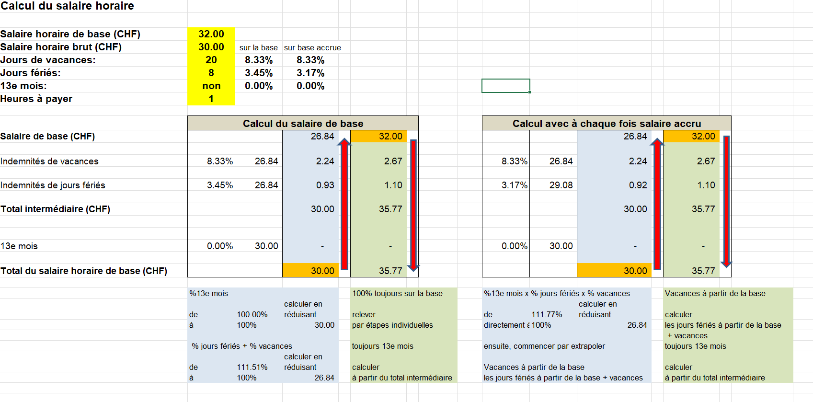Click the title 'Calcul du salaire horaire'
coord(67,6)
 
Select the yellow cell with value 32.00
coord(211,34)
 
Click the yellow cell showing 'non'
coord(211,86)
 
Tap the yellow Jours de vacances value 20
coord(211,60)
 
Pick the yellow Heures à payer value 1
coord(211,99)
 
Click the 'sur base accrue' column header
coord(312,47)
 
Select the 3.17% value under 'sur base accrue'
coord(310,73)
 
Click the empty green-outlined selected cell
coord(505,86)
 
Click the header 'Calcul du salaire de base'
coord(303,123)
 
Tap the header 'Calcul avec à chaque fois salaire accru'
coord(607,123)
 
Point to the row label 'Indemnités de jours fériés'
coord(53,185)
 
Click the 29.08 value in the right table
coord(561,185)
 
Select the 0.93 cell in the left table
coord(325,185)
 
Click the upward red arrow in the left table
coord(344,204)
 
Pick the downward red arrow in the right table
coord(726,201)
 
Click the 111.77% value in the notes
coord(547,315)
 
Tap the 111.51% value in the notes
coord(252,368)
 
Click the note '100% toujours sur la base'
coord(397,294)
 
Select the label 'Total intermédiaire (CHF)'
coord(55,209)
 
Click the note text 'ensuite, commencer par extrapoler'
coord(544,346)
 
